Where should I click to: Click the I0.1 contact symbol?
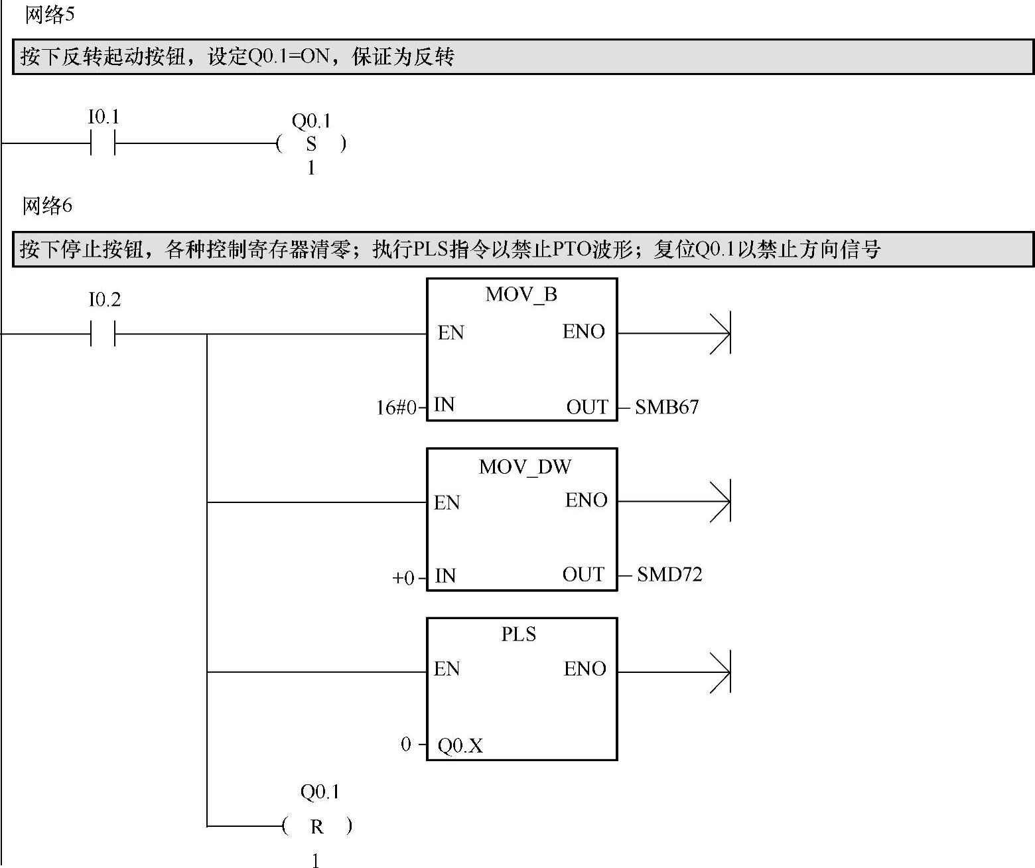[103, 143]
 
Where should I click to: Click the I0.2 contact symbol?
[103, 334]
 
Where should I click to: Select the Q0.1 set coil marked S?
[311, 144]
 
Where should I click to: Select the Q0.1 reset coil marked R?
[316, 827]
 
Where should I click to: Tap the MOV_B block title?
[521, 294]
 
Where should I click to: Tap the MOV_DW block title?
[524, 467]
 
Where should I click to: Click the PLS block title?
[518, 634]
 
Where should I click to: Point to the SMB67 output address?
[667, 407]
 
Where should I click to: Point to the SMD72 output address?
[669, 575]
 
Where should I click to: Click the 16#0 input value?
[396, 407]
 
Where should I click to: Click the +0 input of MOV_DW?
[403, 578]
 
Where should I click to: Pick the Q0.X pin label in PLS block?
[460, 747]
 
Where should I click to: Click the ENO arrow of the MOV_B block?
[720, 332]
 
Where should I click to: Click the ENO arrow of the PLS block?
[720, 672]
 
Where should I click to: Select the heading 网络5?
[49, 15]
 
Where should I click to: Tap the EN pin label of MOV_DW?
[447, 503]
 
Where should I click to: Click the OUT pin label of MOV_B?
[586, 407]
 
